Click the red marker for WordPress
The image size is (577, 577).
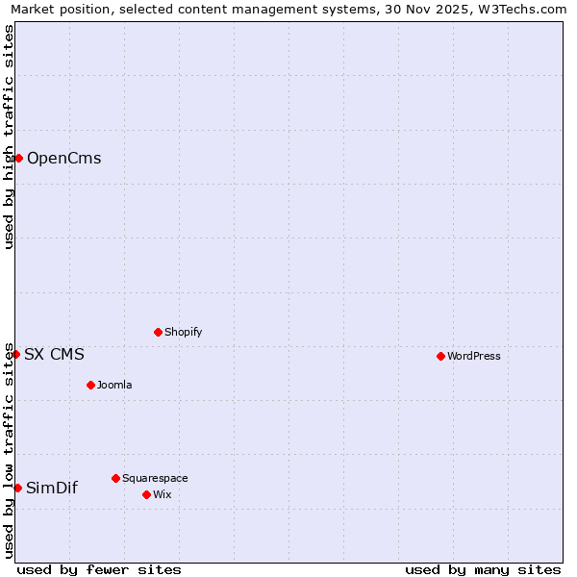tap(440, 356)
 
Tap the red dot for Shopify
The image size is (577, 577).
tap(158, 332)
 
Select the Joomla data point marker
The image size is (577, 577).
tap(90, 385)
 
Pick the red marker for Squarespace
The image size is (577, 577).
tap(115, 478)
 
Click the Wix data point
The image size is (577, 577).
tap(146, 494)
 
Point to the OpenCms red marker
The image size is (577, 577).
tap(18, 158)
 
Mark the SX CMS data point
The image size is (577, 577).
tap(15, 354)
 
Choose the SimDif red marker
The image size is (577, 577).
tap(17, 488)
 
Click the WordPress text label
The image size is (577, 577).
tap(473, 356)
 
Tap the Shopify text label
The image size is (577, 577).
tap(183, 332)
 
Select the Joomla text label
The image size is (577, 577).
tap(114, 385)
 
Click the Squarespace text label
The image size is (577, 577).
tap(155, 478)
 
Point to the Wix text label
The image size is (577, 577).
tap(162, 494)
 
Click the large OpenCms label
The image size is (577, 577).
tap(63, 159)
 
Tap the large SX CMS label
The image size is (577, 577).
tap(54, 355)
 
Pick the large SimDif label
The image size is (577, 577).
tap(52, 489)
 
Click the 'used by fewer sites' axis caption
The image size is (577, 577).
tap(99, 569)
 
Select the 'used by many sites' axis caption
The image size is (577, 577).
tap(483, 569)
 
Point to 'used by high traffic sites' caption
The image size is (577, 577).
tap(9, 137)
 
